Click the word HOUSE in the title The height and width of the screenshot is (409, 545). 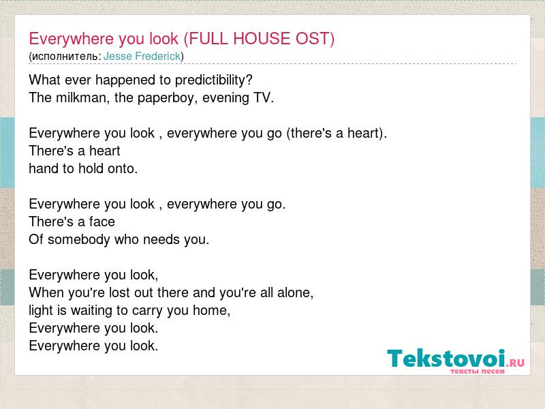pyautogui.click(x=262, y=39)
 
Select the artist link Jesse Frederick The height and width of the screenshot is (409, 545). pyautogui.click(x=142, y=56)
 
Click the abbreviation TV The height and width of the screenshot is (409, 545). pyautogui.click(x=264, y=97)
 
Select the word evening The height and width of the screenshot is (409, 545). pyautogui.click(x=225, y=98)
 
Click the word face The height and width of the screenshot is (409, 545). pyautogui.click(x=102, y=222)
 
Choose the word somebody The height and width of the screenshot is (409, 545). pyautogui.click(x=79, y=239)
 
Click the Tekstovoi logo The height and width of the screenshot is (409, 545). pyautogui.click(x=456, y=360)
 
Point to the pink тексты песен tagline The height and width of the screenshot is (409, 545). pyautogui.click(x=478, y=371)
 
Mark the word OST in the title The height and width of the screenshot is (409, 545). pyautogui.click(x=315, y=39)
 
